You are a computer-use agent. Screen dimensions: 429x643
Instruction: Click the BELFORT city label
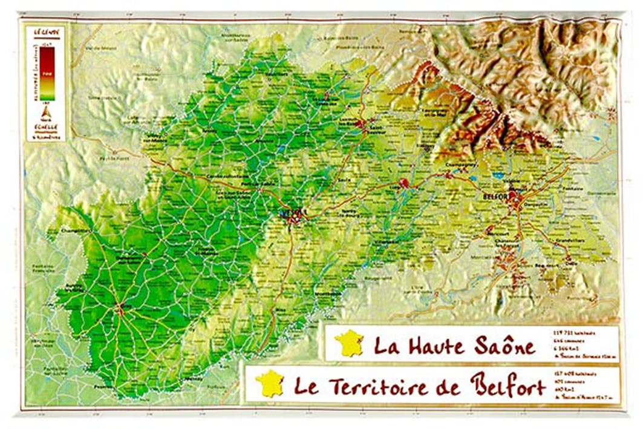[495, 197]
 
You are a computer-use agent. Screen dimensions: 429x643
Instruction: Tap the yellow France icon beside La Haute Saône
[350, 344]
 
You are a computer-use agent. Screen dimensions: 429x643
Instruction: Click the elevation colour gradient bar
[47, 73]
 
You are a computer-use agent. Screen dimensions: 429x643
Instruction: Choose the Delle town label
[569, 263]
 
